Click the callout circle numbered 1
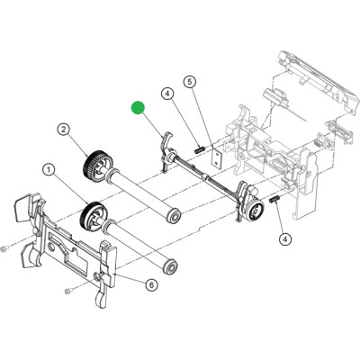coord(49,171)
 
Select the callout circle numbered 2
coord(64,130)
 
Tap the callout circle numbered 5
coord(190,82)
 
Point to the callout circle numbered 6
coord(151,284)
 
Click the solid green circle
coord(138,108)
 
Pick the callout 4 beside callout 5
coord(167,94)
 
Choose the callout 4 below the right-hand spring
coord(285,239)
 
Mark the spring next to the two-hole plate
coord(200,149)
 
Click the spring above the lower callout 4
coord(275,199)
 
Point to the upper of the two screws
coord(4,249)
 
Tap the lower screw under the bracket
coord(67,291)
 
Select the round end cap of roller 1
coord(171,266)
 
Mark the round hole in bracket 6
coord(50,247)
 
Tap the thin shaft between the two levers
coord(207,177)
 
